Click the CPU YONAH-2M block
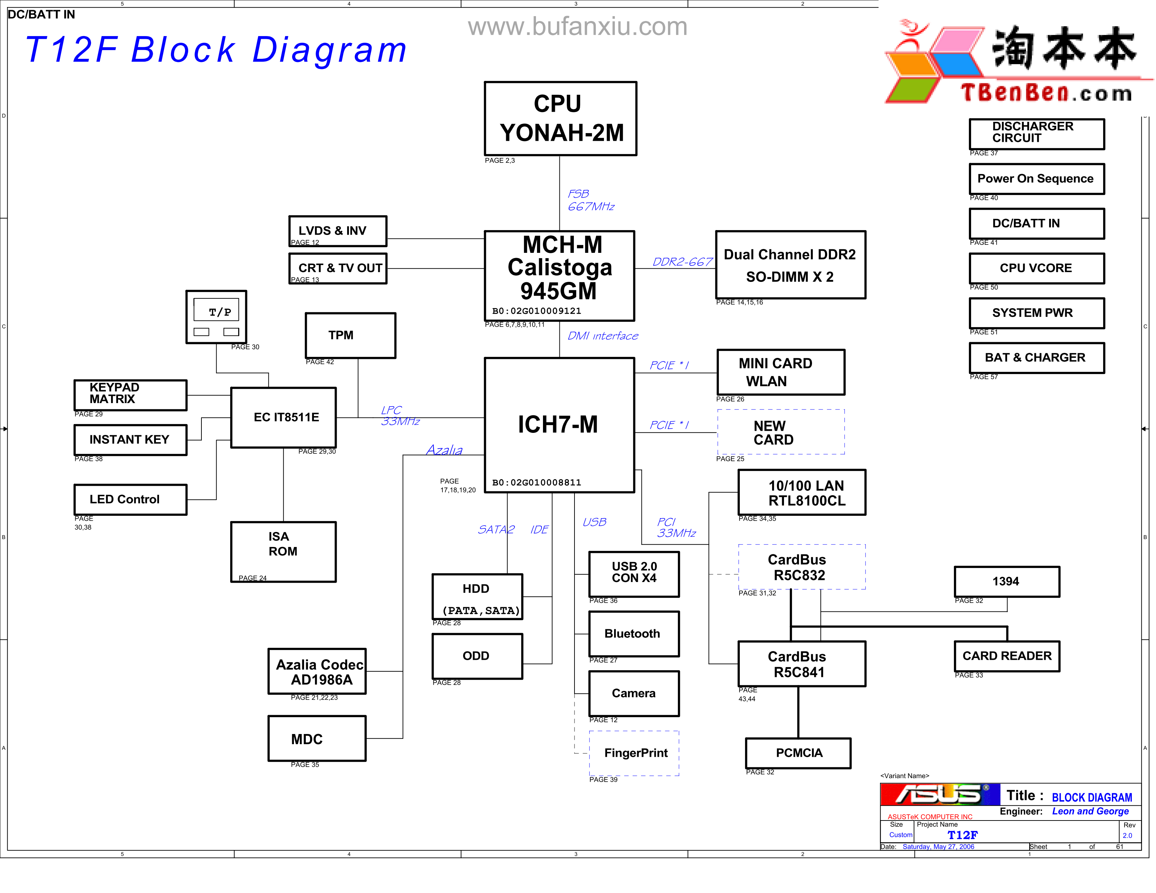560,118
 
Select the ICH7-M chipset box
559,425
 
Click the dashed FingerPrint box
634,753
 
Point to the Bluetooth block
634,634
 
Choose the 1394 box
1006,581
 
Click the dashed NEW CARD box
781,432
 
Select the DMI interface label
603,336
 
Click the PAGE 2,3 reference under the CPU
500,161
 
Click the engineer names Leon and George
1090,811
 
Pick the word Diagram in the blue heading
329,50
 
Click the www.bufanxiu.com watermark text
577,27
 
